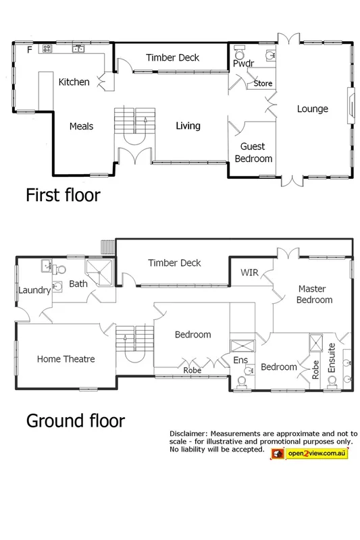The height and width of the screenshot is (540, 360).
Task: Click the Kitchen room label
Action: point(74,82)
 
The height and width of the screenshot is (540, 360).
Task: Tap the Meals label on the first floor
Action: point(81,126)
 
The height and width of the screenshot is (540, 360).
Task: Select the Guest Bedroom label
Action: point(253,153)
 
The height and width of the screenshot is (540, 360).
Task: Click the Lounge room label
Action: point(313,109)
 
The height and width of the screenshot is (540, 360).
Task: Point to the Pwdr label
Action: point(242,63)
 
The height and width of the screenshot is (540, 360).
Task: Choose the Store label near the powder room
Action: point(263,84)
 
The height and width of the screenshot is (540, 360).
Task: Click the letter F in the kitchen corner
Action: point(29,50)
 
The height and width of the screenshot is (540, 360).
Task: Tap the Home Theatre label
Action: point(66,359)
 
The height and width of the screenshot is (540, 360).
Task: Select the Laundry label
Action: point(34,291)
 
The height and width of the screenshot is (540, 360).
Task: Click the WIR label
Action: point(250,273)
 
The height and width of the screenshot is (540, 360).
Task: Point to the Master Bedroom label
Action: point(315,294)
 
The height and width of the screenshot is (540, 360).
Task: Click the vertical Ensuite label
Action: point(332,358)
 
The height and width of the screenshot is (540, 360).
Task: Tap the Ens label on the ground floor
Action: point(241,360)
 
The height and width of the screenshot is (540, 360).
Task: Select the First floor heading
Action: point(63,196)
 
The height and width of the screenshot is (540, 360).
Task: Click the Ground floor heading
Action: point(75,421)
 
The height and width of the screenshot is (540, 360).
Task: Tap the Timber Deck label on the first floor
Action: point(173,58)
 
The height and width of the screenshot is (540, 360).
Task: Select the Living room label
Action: point(188,126)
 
